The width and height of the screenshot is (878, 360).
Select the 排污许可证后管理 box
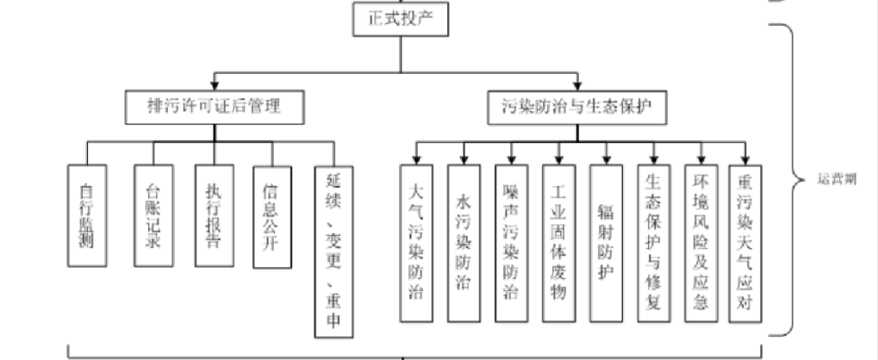[x=215, y=106]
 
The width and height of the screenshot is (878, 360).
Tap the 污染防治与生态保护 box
[x=578, y=106]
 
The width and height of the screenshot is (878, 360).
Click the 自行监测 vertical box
[x=87, y=215]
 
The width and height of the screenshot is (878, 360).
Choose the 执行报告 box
[x=214, y=215]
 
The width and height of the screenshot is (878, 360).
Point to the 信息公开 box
[x=272, y=215]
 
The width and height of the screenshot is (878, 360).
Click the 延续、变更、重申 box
[x=335, y=251]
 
